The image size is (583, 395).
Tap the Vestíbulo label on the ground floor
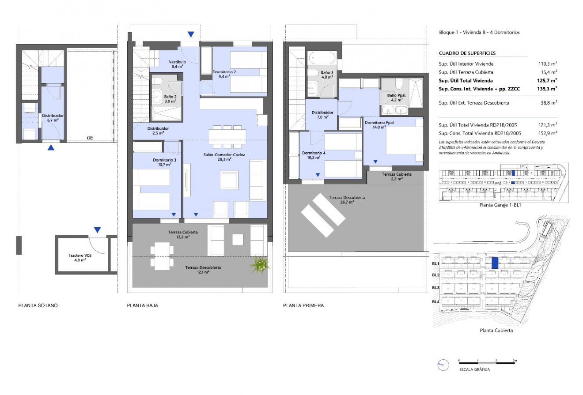tap(179, 64)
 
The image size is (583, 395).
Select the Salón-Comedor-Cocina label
tap(224, 157)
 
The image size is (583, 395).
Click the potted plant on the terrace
tap(261, 264)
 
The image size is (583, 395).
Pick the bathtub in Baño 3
tap(322, 58)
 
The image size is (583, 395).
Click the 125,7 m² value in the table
tap(548, 81)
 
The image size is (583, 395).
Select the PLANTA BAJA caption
tap(142, 305)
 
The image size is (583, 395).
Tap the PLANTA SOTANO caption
tap(38, 305)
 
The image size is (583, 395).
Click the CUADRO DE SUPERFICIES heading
tap(467, 53)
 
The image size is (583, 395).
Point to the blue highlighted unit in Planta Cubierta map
tap(495, 263)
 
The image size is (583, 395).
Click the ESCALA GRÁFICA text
tap(474, 369)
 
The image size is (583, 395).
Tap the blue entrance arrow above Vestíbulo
tap(191, 34)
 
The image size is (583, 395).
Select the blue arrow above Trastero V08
tap(97, 230)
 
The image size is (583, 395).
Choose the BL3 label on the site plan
tap(435, 288)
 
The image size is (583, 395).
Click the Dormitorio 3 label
tap(165, 162)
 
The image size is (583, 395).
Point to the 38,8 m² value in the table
tap(548, 103)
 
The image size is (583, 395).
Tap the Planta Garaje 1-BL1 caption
tap(498, 205)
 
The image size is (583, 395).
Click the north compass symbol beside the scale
tap(440, 364)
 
